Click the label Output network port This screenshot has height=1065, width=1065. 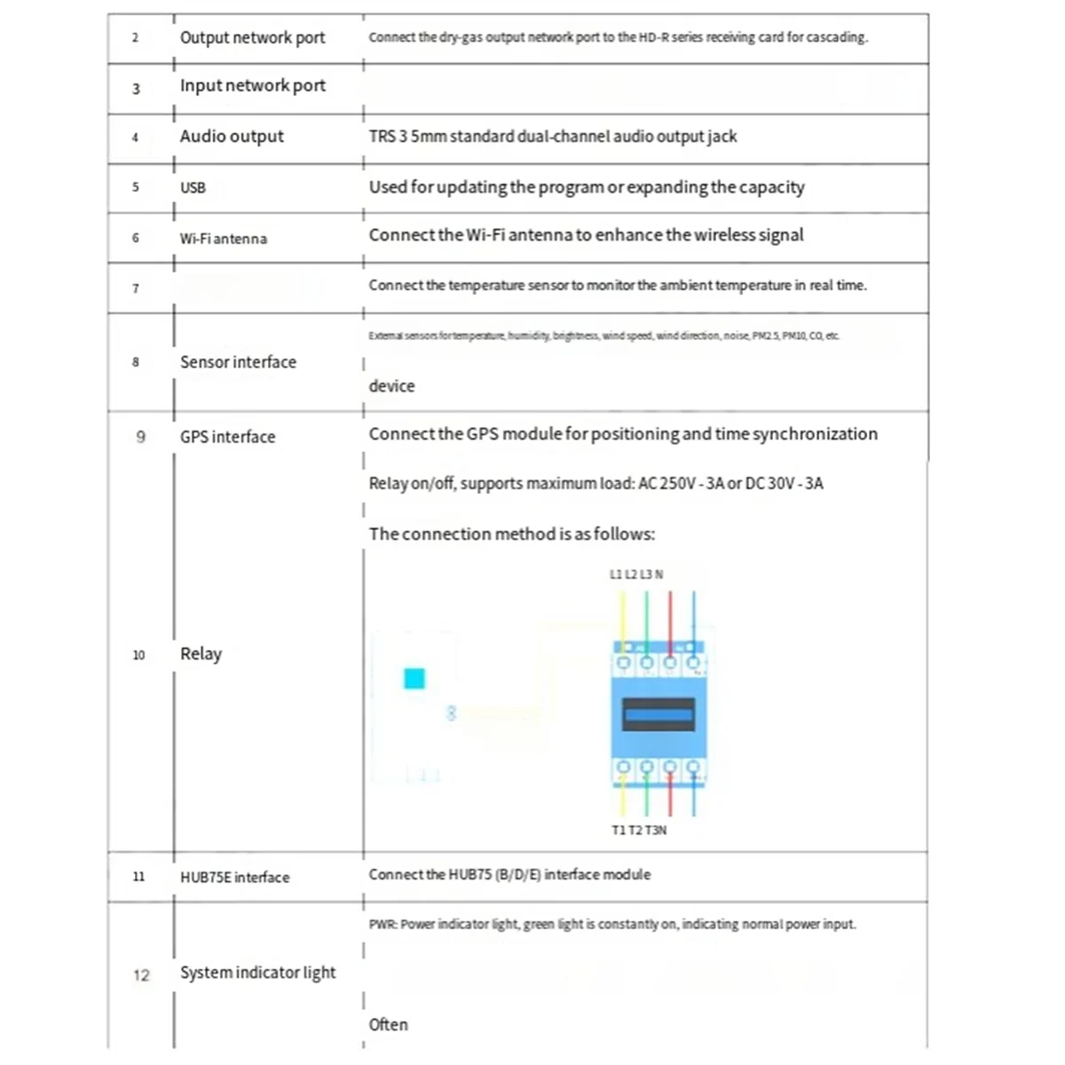click(x=252, y=37)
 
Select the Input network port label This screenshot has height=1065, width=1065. click(x=252, y=86)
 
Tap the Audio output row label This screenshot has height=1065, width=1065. click(x=232, y=137)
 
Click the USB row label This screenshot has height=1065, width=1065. click(x=193, y=188)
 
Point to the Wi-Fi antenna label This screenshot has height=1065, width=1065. click(x=223, y=239)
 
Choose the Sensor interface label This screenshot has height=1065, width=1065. click(x=238, y=362)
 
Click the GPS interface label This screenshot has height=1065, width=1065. click(x=227, y=437)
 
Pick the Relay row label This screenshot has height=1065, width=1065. click(x=201, y=654)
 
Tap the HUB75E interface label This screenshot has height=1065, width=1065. click(x=234, y=877)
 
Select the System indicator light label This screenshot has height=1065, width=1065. click(x=257, y=973)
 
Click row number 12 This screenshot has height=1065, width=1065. click(x=141, y=975)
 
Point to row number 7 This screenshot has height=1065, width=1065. click(x=136, y=288)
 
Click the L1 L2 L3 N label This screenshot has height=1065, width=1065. click(x=635, y=574)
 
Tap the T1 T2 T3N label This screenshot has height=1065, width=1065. click(x=639, y=830)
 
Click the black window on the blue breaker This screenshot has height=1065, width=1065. click(x=658, y=714)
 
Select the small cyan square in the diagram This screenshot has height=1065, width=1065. click(x=414, y=679)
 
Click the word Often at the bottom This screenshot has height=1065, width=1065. click(x=389, y=1024)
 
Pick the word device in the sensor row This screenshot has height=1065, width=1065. click(x=391, y=386)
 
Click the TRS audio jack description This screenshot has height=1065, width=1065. click(x=552, y=137)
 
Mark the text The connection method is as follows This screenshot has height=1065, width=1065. click(x=511, y=534)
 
